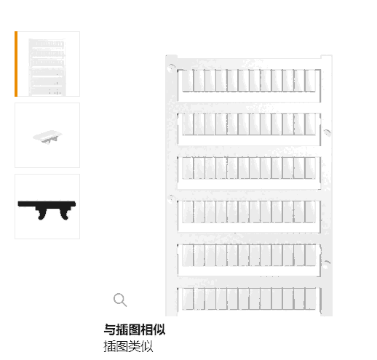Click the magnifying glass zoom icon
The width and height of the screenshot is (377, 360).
[120, 300]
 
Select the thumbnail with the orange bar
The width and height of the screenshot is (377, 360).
[47, 64]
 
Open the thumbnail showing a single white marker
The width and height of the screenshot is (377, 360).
[47, 135]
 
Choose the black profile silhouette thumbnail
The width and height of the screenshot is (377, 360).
[47, 207]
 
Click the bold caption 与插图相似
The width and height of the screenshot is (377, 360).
[135, 329]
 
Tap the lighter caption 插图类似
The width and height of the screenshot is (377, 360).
[128, 346]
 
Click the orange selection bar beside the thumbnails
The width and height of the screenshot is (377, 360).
[16, 64]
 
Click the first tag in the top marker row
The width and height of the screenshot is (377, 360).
[188, 81]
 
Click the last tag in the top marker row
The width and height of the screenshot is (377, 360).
[310, 81]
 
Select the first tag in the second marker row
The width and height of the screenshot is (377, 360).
[188, 124]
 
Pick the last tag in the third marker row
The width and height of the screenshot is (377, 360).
[310, 168]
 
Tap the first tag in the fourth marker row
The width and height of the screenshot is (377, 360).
[188, 212]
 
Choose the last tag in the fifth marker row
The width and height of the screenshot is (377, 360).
[310, 255]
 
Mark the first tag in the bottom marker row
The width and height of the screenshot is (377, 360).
[188, 299]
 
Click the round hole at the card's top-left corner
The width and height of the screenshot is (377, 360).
[171, 68]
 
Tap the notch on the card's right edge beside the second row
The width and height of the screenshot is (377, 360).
[327, 132]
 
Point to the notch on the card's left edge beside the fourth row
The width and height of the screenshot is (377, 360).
[171, 198]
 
